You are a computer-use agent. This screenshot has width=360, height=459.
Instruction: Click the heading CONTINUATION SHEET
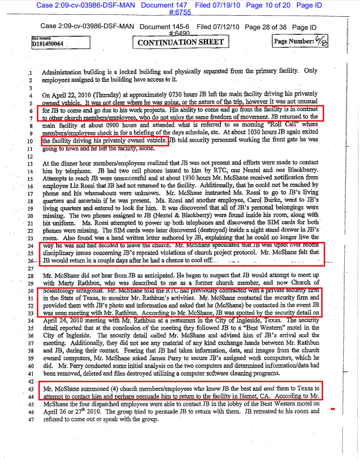point(181,42)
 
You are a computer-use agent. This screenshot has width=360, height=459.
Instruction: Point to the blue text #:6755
point(180,13)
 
